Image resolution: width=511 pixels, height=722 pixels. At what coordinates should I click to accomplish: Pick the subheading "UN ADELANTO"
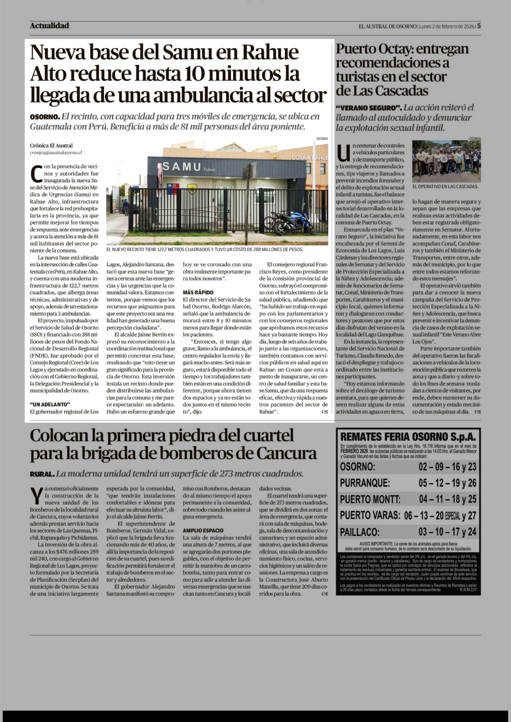pos(50,404)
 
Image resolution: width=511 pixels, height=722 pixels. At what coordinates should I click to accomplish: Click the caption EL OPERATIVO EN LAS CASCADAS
pos(445,186)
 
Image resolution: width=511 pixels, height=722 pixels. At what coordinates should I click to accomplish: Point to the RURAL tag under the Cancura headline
pos(42,474)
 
